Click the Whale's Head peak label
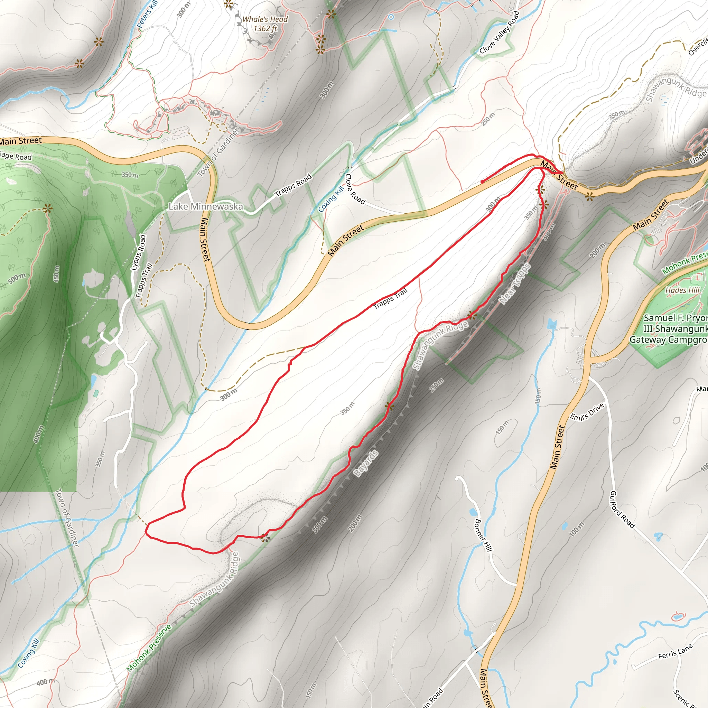coord(265,19)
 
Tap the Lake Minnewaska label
coord(206,207)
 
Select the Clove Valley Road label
coord(500,32)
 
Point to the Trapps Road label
coord(293,185)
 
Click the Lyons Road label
coord(139,253)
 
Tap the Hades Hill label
coord(682,290)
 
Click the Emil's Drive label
coord(587,411)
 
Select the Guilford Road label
coord(622,509)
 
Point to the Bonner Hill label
coord(484,535)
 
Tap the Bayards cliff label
coord(366,464)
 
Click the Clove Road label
coord(355,189)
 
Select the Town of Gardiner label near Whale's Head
coord(219,151)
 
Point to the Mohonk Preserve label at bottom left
coord(149,647)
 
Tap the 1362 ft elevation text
coord(265,28)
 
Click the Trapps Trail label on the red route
coord(391,299)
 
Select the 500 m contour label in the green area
coord(17,279)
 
